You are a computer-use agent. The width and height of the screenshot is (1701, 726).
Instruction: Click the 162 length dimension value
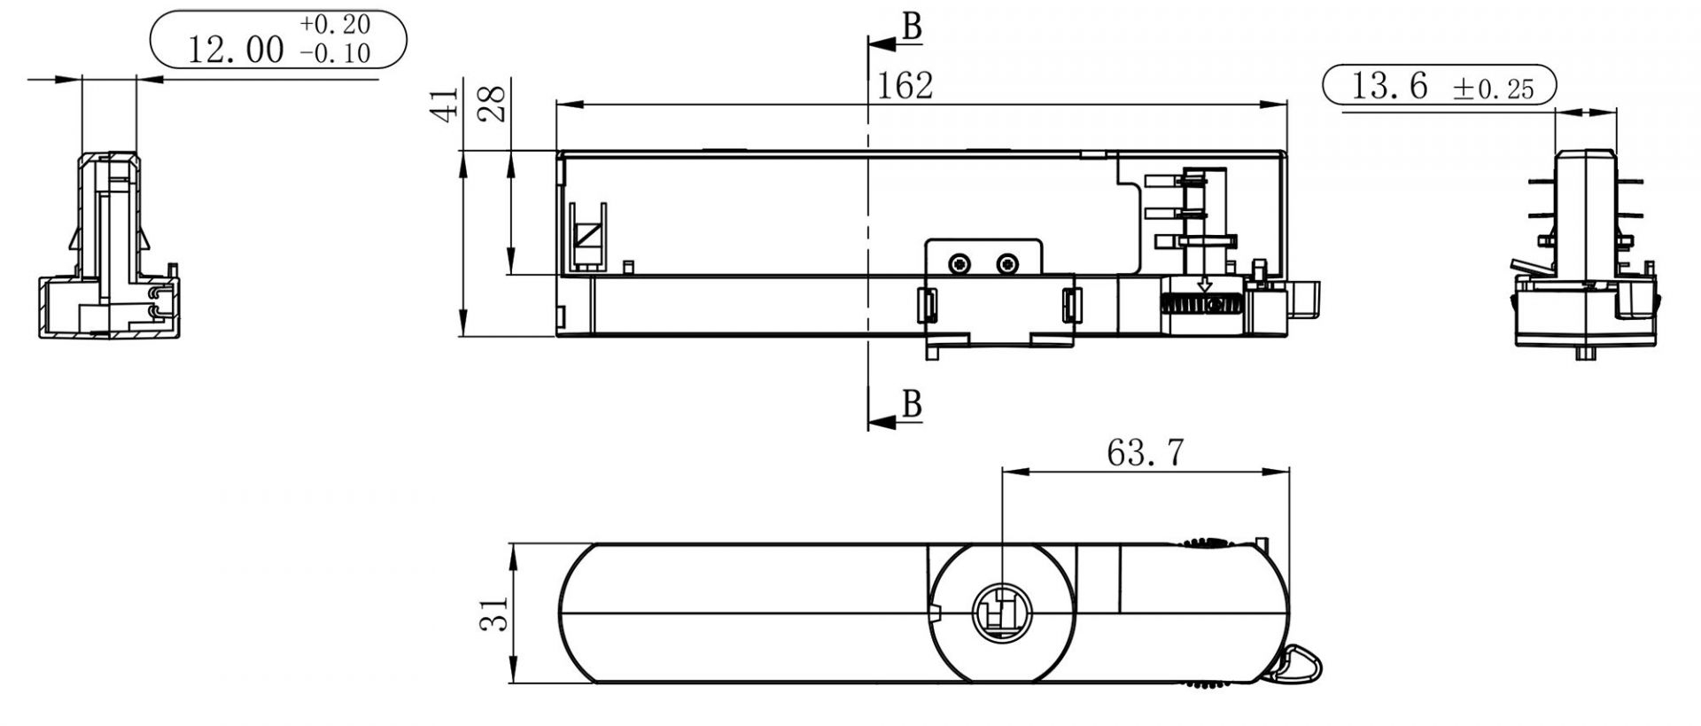[905, 86]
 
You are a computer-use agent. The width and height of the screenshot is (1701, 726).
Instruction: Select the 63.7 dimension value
[1145, 453]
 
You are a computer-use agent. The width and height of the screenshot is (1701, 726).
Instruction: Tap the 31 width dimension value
[494, 613]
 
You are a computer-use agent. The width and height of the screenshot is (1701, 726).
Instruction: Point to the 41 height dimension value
[447, 103]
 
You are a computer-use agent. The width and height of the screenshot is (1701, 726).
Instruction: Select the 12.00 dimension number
[236, 51]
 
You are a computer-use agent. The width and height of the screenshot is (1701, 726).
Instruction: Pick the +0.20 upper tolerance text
[335, 24]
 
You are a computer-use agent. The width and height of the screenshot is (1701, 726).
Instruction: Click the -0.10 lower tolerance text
[335, 54]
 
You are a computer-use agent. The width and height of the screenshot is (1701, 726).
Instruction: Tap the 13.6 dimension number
[1388, 86]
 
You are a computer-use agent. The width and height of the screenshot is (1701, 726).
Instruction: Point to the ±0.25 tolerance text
[1493, 89]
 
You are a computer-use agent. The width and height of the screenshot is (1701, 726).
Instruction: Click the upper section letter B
[912, 28]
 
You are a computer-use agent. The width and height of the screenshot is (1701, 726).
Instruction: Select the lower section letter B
[912, 405]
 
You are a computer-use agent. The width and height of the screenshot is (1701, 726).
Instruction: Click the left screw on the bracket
[959, 264]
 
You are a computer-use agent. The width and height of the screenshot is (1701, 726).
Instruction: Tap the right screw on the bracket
[1006, 264]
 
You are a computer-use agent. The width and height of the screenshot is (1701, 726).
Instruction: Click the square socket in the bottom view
[999, 612]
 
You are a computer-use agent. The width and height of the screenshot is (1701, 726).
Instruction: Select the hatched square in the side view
[586, 237]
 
